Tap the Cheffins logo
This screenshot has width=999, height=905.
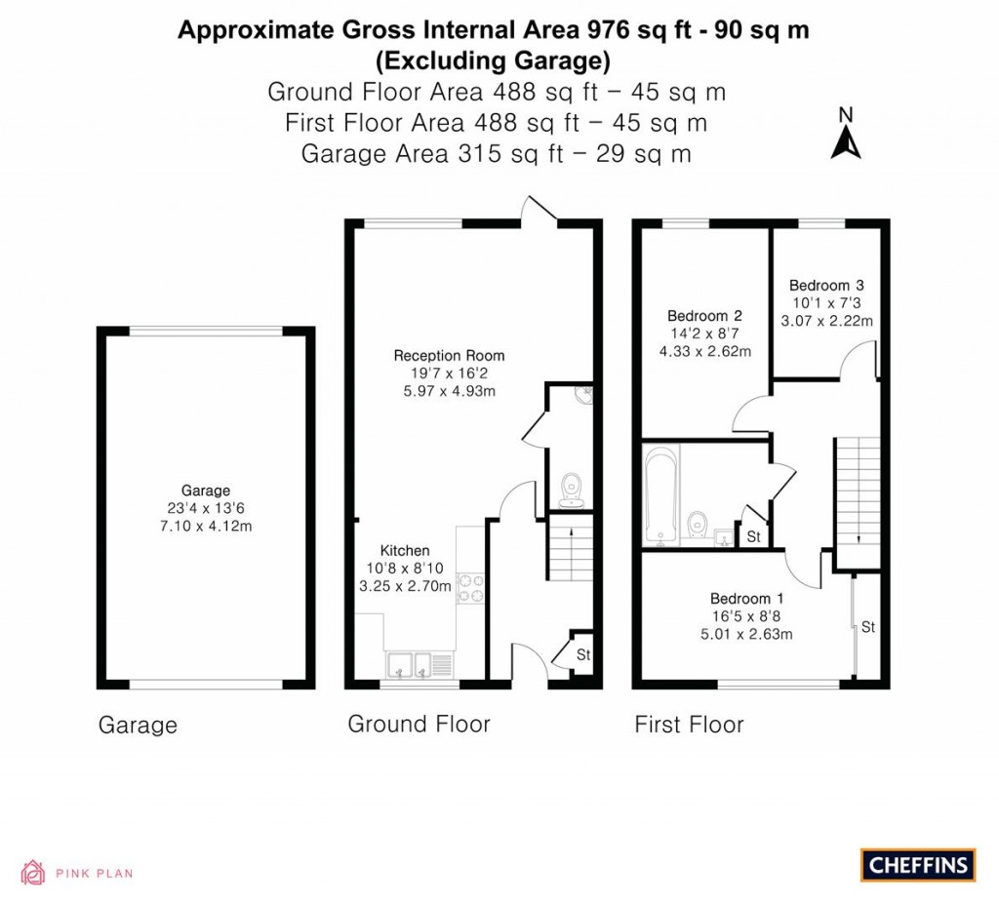coord(918,865)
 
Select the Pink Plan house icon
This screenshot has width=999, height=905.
coord(33,873)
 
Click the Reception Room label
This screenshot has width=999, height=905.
coord(449,355)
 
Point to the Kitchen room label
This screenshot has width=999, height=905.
coord(405,550)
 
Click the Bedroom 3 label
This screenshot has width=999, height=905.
coord(826,286)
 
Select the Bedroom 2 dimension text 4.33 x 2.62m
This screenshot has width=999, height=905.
coord(704,351)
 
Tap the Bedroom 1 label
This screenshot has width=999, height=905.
coord(746,599)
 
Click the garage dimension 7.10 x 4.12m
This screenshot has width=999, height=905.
coord(206,526)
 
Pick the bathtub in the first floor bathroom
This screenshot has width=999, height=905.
coord(660,494)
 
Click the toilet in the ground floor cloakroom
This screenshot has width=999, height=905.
coord(572,490)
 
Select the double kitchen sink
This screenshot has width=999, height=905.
coord(413,664)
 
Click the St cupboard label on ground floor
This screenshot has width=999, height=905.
coord(583,654)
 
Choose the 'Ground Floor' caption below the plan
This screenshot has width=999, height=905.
coord(419,725)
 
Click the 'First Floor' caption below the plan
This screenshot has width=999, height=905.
coord(689,725)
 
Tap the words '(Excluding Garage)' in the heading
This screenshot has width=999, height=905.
coord(493,61)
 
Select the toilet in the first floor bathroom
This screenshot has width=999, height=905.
coord(697,524)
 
